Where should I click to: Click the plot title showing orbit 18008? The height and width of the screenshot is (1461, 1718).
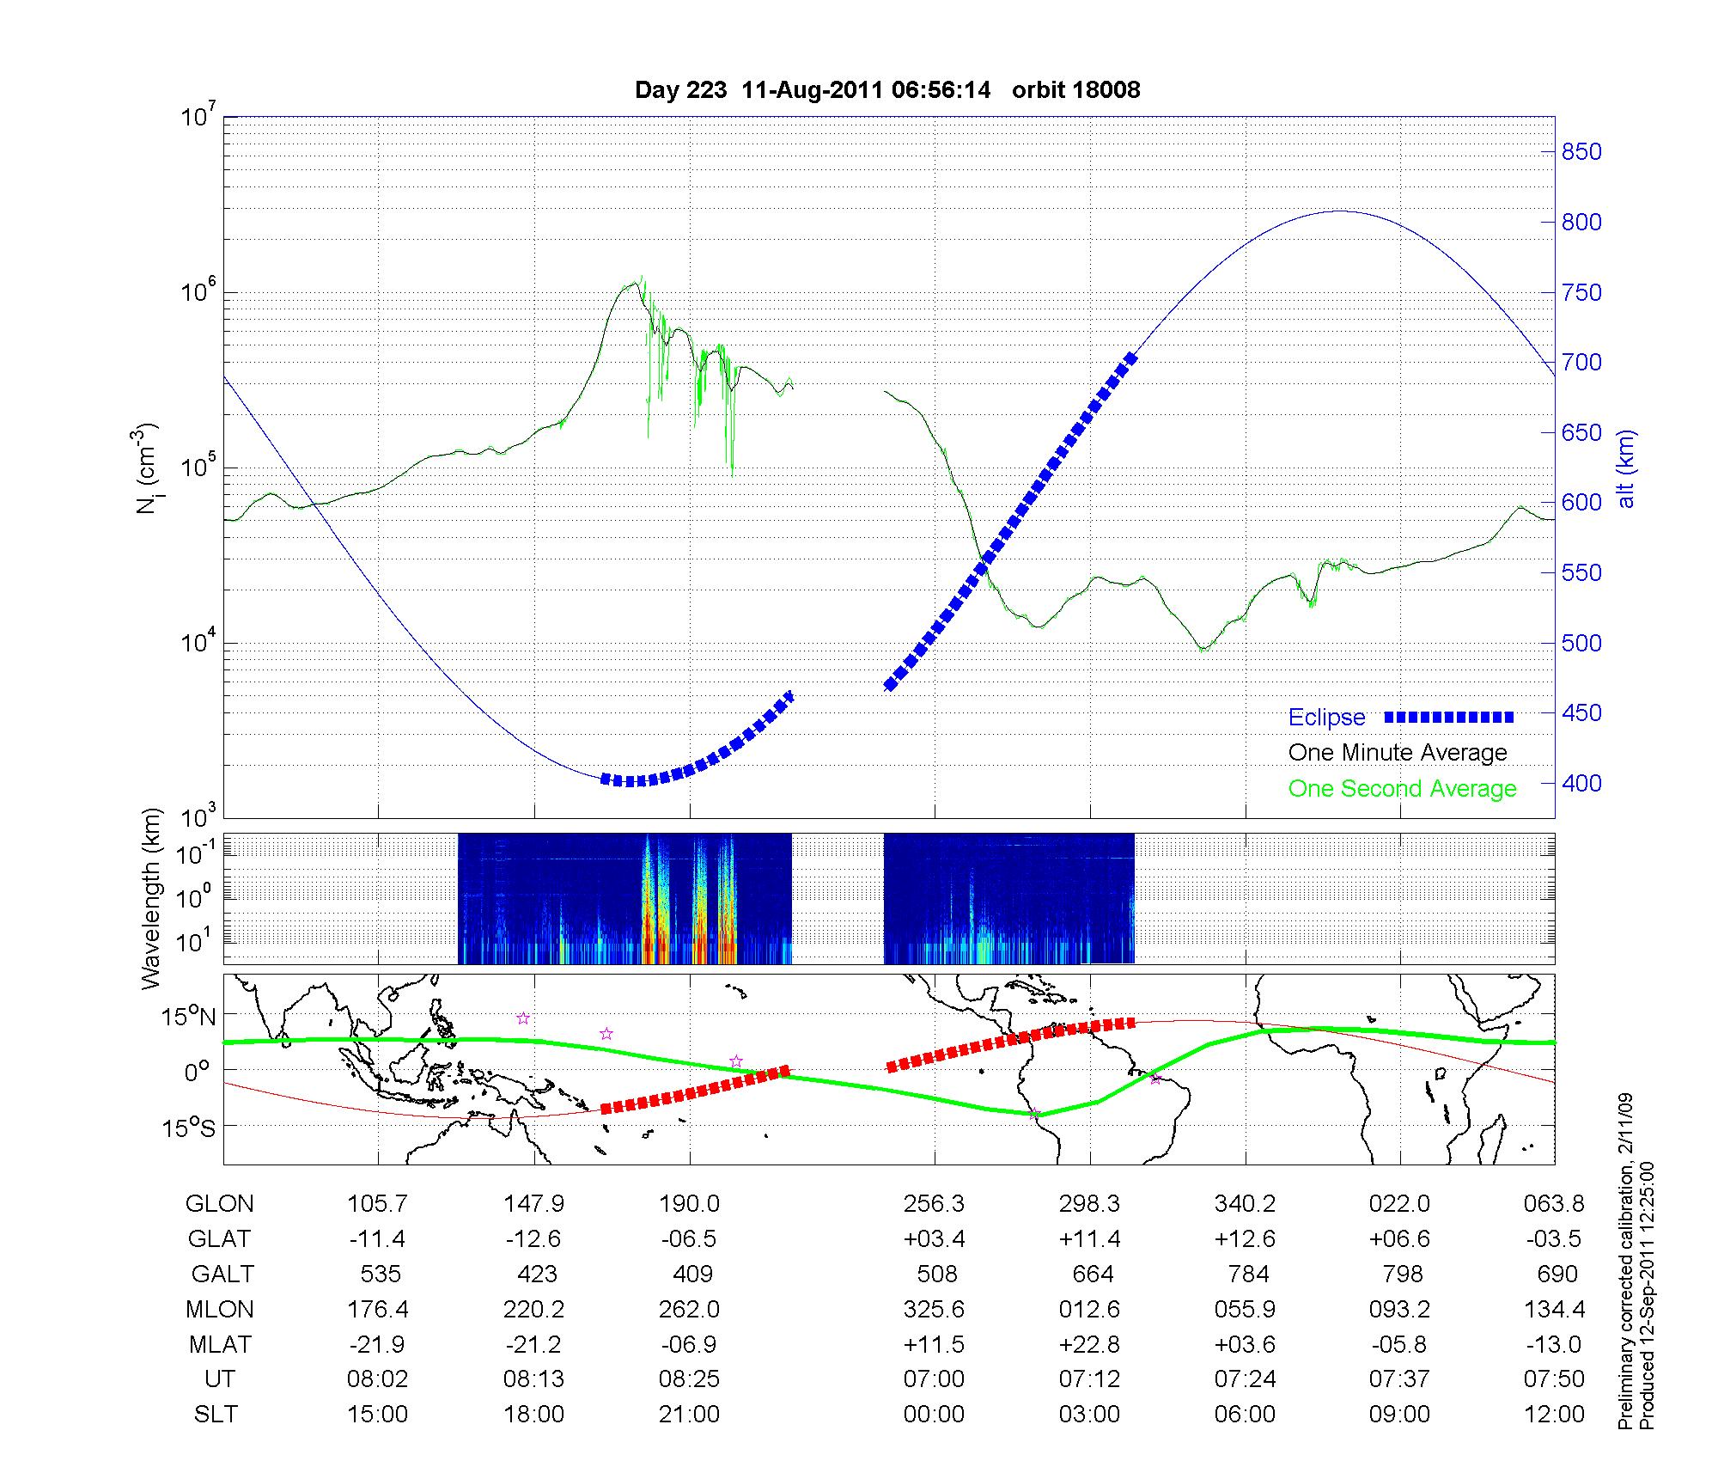pos(887,90)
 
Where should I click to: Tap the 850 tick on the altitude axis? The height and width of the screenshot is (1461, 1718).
pos(1581,152)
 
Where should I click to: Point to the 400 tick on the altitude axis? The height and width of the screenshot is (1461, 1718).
pos(1581,783)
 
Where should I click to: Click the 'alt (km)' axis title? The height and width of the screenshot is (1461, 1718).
pos(1626,468)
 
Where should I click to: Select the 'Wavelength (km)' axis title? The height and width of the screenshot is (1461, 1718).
pos(151,899)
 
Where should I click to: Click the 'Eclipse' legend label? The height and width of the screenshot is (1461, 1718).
pos(1326,718)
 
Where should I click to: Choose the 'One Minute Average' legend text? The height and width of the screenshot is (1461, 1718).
pos(1398,753)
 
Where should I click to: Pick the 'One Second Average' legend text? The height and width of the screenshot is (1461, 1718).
pos(1402,789)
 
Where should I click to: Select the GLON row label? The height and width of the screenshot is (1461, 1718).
pos(220,1204)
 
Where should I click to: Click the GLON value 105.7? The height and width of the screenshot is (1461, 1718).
pos(377,1204)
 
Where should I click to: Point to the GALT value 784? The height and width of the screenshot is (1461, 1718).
pos(1248,1274)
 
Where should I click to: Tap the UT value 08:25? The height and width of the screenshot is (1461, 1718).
pos(689,1379)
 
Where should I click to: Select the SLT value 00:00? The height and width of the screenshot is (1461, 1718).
pos(934,1415)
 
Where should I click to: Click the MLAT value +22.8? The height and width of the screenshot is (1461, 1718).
pos(1088,1344)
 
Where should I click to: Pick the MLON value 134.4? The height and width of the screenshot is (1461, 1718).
pos(1554,1309)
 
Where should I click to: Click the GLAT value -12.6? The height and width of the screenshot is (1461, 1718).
pos(533,1239)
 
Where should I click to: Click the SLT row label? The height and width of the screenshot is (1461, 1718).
pos(216,1415)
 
